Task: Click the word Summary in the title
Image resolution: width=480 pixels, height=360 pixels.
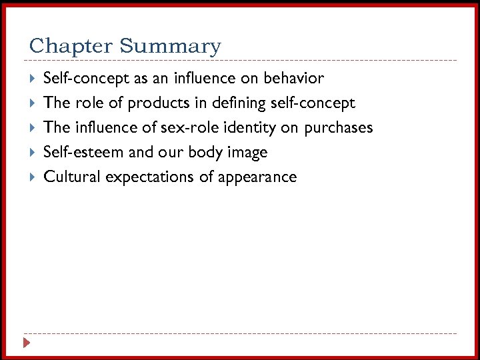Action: (x=170, y=47)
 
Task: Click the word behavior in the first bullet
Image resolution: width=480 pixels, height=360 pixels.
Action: (x=293, y=78)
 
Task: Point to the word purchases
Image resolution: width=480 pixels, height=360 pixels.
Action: (x=339, y=128)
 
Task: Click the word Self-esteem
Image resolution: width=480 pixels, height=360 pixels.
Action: (x=83, y=152)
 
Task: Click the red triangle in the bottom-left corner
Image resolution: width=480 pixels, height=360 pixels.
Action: (x=26, y=343)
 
